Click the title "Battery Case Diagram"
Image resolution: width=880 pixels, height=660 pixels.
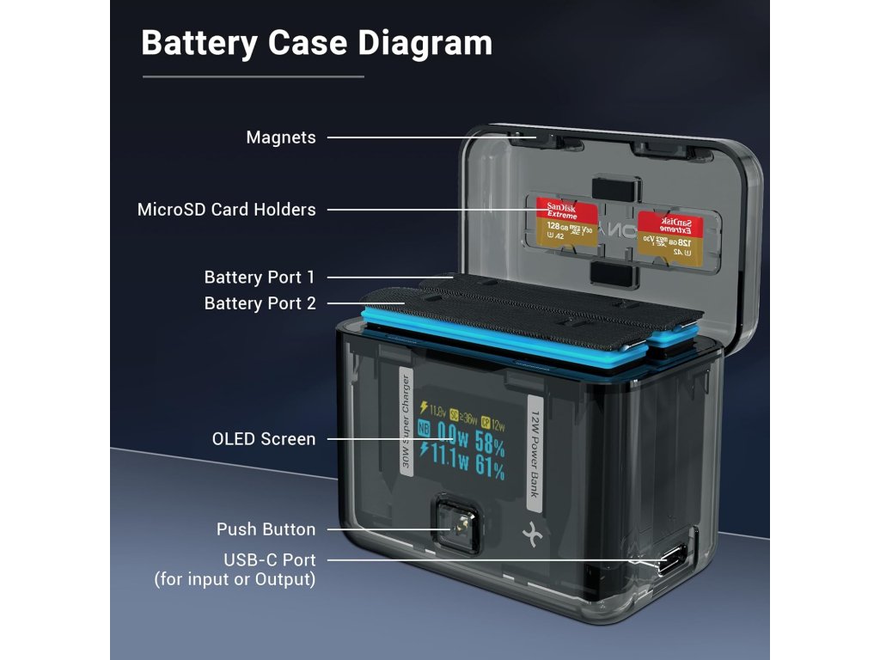click(316, 43)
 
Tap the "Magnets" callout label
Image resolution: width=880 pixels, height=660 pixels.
click(281, 137)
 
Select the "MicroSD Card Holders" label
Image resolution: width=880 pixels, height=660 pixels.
click(227, 210)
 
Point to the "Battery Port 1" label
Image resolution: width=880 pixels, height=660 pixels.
click(260, 278)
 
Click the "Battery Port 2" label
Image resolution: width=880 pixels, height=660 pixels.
click(260, 303)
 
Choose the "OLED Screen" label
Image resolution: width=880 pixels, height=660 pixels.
click(264, 439)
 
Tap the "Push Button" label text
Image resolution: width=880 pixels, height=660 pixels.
click(266, 529)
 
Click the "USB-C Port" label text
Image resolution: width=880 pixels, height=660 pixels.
click(269, 561)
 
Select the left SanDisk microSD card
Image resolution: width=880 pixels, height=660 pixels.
click(567, 225)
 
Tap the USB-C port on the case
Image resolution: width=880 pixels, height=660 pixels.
click(669, 562)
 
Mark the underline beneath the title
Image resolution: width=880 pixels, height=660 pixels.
click(254, 76)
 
